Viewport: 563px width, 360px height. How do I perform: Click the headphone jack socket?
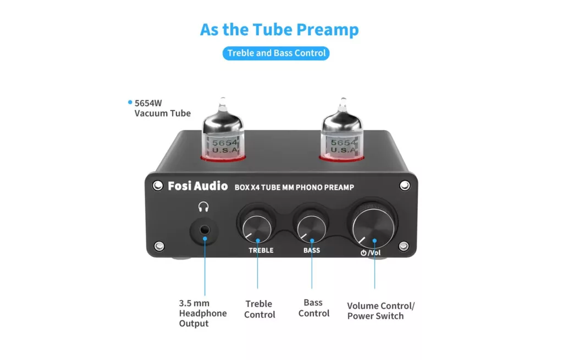coord(204,230)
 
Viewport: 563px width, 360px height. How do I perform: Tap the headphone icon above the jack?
coord(203,207)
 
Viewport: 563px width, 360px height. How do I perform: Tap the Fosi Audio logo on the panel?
coord(198,186)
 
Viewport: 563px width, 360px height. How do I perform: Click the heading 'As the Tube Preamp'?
coord(279,30)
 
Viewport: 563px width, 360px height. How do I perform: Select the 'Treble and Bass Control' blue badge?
coord(276,53)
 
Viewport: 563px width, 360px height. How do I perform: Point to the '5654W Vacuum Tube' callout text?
coord(162,108)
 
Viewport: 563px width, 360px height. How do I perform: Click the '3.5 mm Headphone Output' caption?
coord(203,313)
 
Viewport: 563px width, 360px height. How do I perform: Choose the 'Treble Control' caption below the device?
coord(260,309)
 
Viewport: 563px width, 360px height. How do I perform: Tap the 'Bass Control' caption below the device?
coord(314,308)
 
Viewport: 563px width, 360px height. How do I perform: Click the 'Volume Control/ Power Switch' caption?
coord(380,311)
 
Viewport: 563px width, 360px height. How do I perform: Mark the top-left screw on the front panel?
coord(158,186)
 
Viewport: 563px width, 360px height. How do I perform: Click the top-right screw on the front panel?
coord(405,186)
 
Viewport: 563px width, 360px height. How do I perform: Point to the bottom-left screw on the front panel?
coord(159,246)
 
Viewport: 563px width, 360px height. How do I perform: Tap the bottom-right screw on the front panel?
coord(404,246)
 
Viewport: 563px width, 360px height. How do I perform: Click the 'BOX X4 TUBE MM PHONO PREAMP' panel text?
coord(294,187)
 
